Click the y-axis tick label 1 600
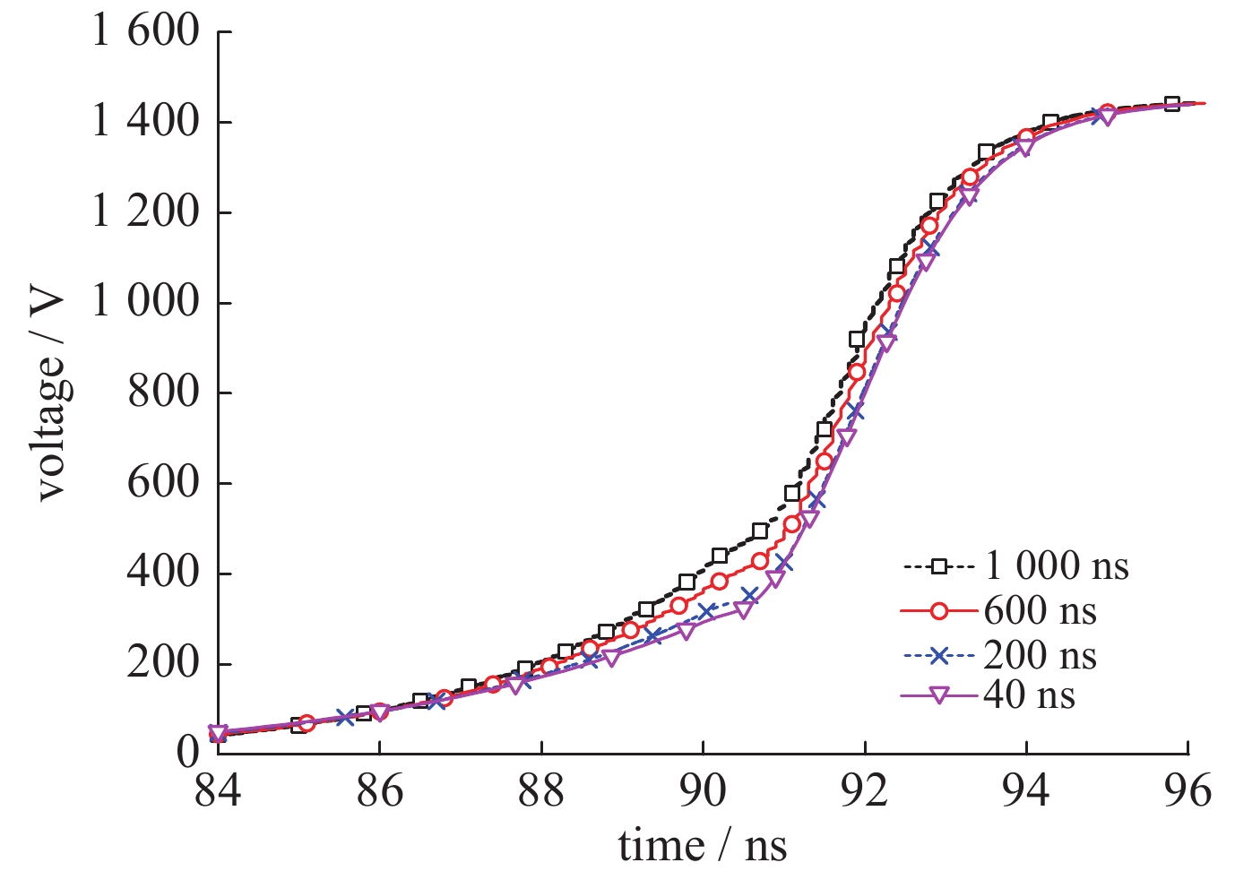145,31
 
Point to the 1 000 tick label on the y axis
145,302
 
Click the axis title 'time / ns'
703,845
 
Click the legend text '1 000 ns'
1057,566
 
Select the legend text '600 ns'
1040,611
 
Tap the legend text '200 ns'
1040,656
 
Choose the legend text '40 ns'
1029,695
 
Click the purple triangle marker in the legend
938,696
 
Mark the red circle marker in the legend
938,611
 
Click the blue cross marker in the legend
938,656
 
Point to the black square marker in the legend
938,566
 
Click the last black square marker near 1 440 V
1171,104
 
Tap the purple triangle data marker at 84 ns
218,733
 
